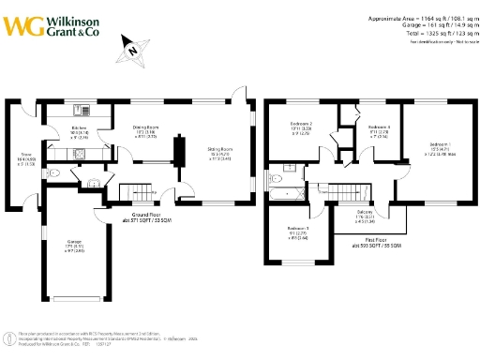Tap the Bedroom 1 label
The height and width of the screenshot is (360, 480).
(440, 145)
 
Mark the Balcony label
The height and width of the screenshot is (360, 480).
(365, 213)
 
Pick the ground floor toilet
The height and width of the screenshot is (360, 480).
(56, 173)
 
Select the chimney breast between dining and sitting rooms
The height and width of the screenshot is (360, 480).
(184, 152)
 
